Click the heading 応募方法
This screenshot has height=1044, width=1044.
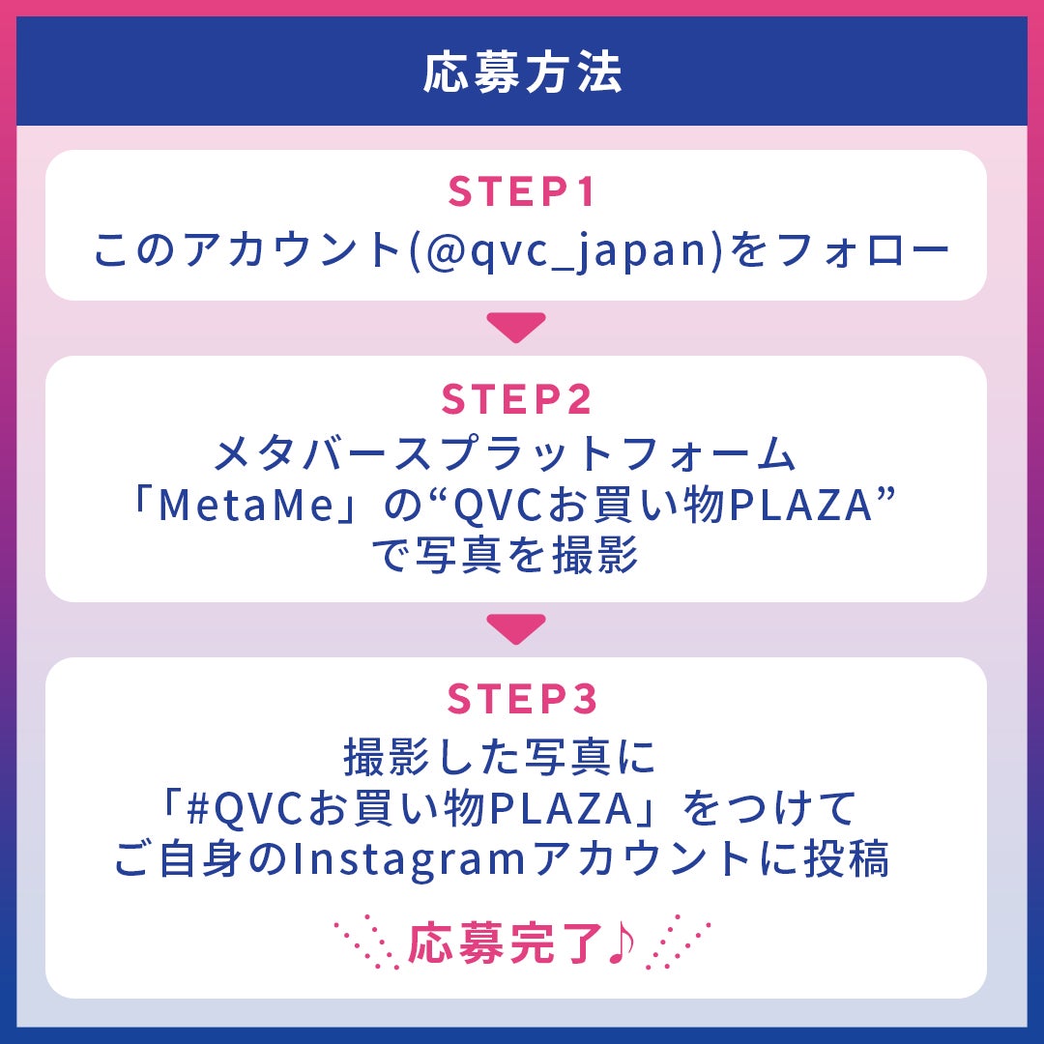[x=522, y=72]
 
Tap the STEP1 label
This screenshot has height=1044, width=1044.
[x=522, y=192]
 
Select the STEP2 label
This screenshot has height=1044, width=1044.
[x=517, y=399]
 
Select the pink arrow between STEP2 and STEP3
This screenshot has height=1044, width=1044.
[x=516, y=629]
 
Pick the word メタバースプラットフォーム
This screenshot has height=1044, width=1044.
[x=504, y=454]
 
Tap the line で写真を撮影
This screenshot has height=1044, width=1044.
[x=505, y=557]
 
